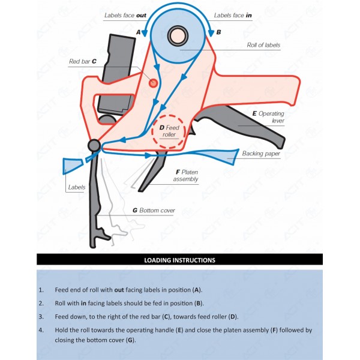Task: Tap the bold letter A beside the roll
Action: click(x=139, y=31)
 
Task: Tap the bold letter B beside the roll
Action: click(x=218, y=31)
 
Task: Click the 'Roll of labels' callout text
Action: click(x=263, y=45)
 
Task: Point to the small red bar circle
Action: click(x=154, y=82)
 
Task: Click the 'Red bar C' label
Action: click(x=83, y=61)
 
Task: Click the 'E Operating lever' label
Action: click(x=268, y=116)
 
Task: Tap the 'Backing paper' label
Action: click(x=261, y=154)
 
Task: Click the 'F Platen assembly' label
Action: click(x=185, y=175)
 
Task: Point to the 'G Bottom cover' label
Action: click(x=154, y=211)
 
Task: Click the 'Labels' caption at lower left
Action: click(x=76, y=187)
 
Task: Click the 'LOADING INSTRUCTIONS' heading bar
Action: click(x=180, y=260)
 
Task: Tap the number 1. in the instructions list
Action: click(x=41, y=290)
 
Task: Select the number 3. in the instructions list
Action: click(x=41, y=317)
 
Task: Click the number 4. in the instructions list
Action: click(x=41, y=330)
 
